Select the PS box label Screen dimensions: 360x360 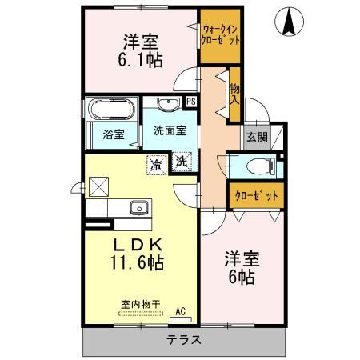[190, 101]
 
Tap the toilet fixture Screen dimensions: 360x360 [259, 167]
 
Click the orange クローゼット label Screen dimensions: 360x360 [256, 195]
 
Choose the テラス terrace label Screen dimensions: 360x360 [183, 340]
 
